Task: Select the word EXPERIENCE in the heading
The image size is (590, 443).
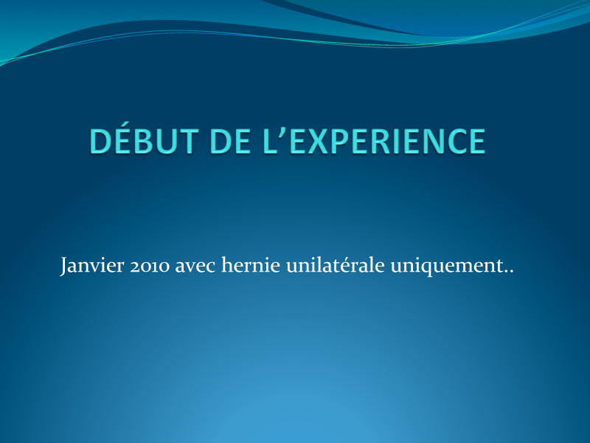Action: (x=388, y=141)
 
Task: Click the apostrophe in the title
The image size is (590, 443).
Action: (x=283, y=134)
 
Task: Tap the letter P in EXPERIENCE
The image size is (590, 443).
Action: (x=341, y=141)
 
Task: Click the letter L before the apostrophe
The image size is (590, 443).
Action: (x=270, y=141)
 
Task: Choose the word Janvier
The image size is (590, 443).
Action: (x=92, y=266)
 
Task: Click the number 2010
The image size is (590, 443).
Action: (x=150, y=266)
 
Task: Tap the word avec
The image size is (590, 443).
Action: (x=195, y=267)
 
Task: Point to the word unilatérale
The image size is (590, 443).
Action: (x=336, y=264)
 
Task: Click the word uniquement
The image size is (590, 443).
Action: (x=447, y=266)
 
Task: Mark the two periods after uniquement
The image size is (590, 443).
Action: (x=509, y=271)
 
